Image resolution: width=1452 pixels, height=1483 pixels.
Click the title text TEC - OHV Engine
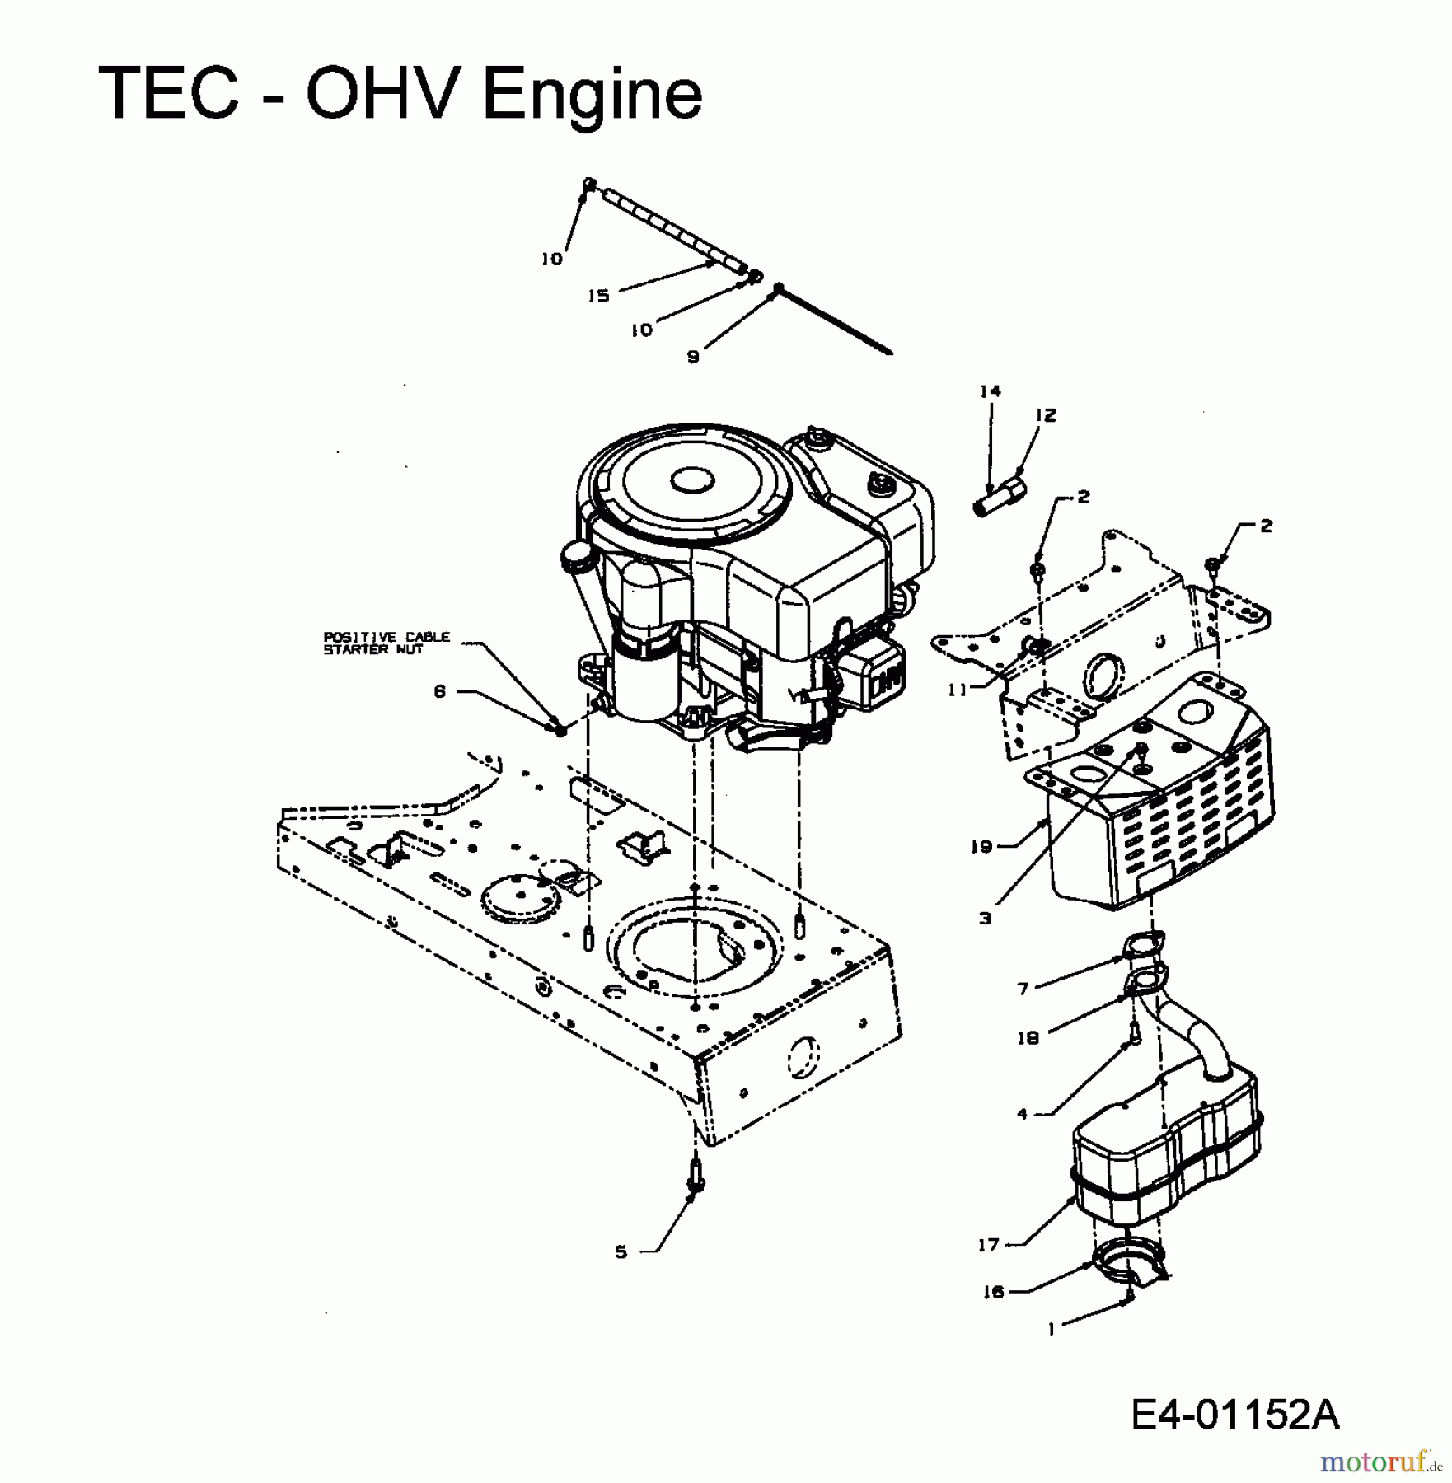pyautogui.click(x=400, y=93)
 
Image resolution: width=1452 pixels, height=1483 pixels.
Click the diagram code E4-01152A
pyautogui.click(x=1235, y=1415)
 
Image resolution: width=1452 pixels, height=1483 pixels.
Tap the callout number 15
pyautogui.click(x=598, y=296)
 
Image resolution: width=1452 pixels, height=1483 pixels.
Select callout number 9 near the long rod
pyautogui.click(x=693, y=357)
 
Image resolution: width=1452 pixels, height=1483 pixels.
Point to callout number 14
pyautogui.click(x=990, y=391)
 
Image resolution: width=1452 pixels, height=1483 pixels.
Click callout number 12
pyautogui.click(x=1046, y=415)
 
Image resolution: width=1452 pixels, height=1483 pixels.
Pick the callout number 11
pyautogui.click(x=957, y=690)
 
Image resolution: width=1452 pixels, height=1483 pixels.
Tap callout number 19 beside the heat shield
pyautogui.click(x=981, y=846)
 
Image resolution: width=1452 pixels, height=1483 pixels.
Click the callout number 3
pyautogui.click(x=986, y=918)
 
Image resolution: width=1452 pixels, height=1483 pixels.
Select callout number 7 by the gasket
pyautogui.click(x=1023, y=988)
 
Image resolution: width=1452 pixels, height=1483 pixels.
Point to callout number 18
pyautogui.click(x=1028, y=1038)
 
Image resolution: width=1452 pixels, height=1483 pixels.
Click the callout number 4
pyautogui.click(x=1023, y=1114)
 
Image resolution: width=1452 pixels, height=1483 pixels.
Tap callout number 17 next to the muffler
pyautogui.click(x=988, y=1245)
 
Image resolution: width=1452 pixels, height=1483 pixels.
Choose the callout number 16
pyautogui.click(x=994, y=1292)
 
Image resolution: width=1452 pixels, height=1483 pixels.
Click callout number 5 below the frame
pyautogui.click(x=621, y=1251)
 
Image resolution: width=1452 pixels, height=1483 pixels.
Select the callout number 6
pyautogui.click(x=439, y=692)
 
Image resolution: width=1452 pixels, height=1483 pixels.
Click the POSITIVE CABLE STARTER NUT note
pyautogui.click(x=386, y=643)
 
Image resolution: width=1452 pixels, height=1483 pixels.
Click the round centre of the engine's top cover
pyautogui.click(x=691, y=480)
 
